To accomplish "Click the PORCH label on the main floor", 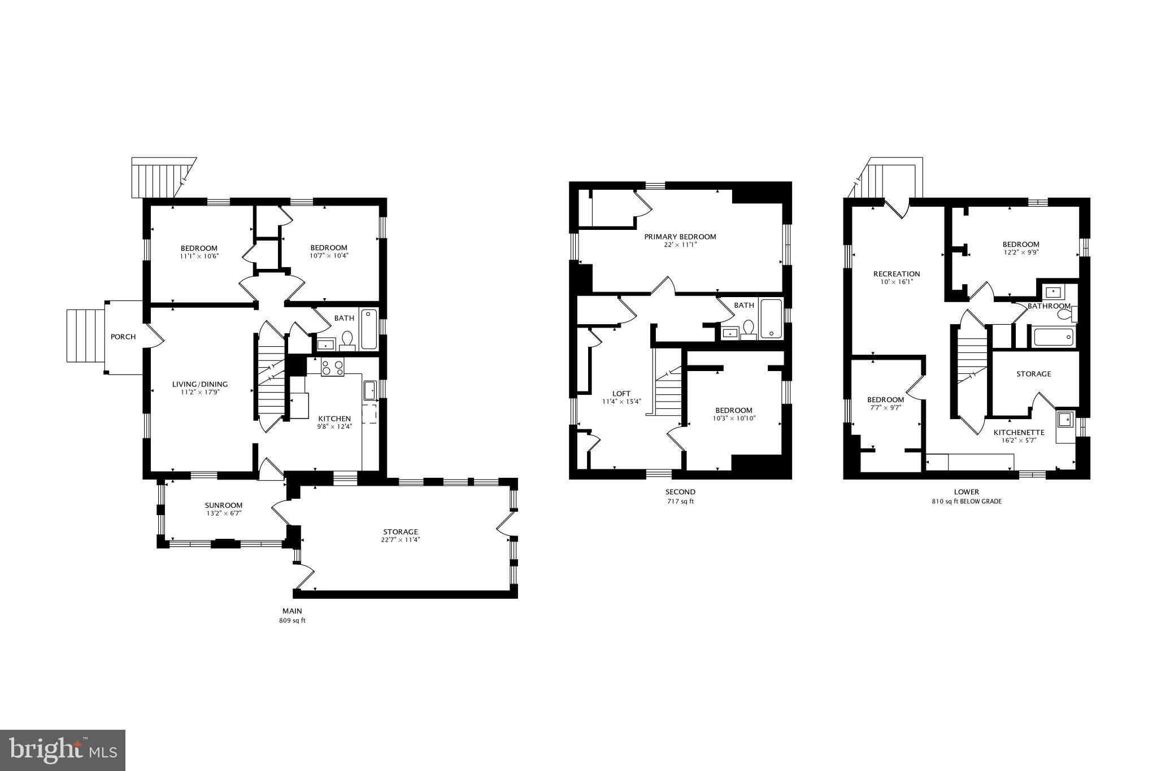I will tap(123, 337).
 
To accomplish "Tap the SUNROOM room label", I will tap(223, 506).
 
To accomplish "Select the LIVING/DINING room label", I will tap(200, 385).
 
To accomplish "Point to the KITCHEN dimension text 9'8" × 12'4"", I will tap(334, 427).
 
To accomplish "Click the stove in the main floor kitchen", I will tap(333, 368).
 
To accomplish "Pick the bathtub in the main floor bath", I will tap(369, 329).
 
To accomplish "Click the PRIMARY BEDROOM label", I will tap(680, 237).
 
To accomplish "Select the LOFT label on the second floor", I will tap(621, 394).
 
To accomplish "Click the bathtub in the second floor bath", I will tap(771, 319).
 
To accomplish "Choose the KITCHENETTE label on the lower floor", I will tap(1019, 433).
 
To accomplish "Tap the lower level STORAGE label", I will tap(1034, 374).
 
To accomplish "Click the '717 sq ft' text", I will tap(680, 501).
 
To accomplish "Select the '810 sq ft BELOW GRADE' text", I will tap(967, 501).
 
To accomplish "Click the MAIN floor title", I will tap(292, 611).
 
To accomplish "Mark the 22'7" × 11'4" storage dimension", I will tap(401, 540).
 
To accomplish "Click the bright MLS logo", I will tap(63, 750).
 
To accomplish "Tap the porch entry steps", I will tap(85, 336).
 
